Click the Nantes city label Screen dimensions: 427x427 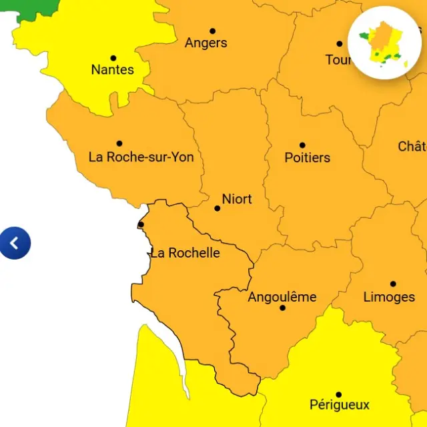point(112,69)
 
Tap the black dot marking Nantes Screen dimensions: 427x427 point(113,58)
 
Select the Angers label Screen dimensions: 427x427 point(205,43)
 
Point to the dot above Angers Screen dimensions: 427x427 point(212,31)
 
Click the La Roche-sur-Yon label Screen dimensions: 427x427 point(141,157)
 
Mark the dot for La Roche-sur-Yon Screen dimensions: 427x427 point(119,143)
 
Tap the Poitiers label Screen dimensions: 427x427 point(307,157)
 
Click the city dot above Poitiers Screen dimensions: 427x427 point(302,145)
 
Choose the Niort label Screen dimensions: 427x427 point(237,199)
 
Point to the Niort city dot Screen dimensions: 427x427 point(217,208)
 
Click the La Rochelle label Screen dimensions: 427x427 point(185,253)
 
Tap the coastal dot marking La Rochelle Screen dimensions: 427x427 point(141,224)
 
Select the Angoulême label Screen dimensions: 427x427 point(282,297)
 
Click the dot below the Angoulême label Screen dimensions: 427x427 point(282,308)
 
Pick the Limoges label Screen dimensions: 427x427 point(389,297)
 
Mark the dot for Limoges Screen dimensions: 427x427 point(393,284)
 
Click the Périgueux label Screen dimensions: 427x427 point(339,404)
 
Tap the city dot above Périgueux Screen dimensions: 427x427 point(338,394)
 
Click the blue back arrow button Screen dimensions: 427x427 point(15,243)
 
